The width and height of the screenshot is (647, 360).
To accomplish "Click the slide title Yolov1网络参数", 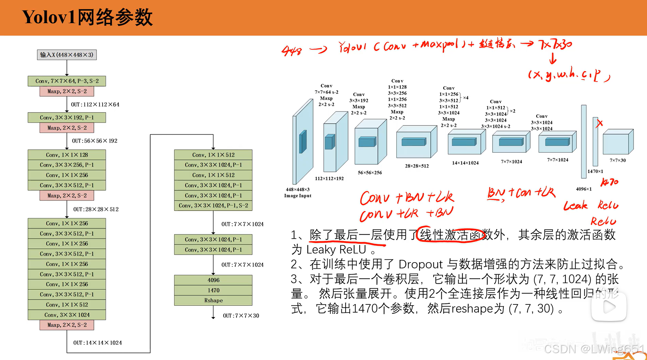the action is click(87, 17).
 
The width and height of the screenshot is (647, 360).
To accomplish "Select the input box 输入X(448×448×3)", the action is click(67, 55).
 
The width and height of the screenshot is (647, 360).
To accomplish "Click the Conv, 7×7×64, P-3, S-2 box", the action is click(67, 81).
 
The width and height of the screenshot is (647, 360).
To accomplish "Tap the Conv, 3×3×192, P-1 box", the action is click(67, 117).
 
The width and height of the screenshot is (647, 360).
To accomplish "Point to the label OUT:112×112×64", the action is click(95, 104).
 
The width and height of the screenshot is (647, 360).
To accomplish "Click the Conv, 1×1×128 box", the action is click(67, 155).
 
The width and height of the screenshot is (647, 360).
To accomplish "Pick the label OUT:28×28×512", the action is click(96, 209).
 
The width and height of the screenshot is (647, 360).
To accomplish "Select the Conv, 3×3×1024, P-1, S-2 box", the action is click(213, 206).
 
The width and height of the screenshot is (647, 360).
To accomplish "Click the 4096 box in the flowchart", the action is click(213, 280).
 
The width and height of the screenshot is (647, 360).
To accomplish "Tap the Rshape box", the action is click(213, 300).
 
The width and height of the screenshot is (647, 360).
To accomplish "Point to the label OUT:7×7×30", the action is click(241, 315).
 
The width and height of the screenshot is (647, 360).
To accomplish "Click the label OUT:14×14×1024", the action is click(97, 342).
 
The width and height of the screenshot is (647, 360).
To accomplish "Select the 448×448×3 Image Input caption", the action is click(298, 192).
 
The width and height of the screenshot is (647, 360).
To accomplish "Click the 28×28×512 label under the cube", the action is click(417, 166).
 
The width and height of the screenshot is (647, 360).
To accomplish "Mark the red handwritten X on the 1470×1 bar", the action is click(599, 123).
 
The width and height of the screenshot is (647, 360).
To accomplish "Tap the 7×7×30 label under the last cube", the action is click(617, 160).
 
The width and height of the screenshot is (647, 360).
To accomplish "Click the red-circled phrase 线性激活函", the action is click(450, 234).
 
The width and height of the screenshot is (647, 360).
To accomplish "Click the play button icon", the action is click(609, 307).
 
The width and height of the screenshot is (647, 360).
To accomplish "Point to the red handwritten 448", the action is click(291, 51).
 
